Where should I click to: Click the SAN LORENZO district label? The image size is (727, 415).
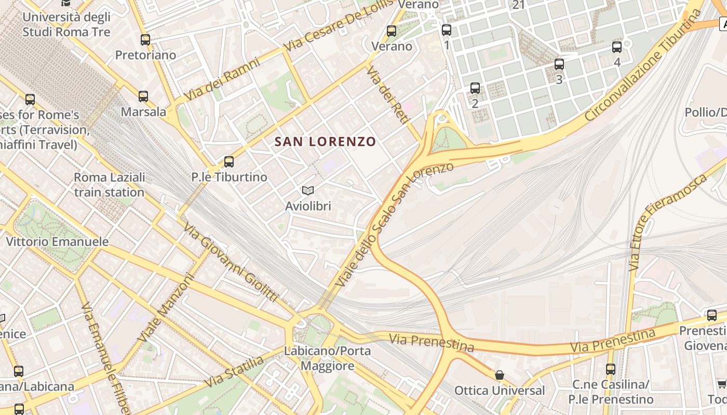325,141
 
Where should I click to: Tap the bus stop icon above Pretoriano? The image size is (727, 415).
145,39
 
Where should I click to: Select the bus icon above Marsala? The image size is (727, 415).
143,96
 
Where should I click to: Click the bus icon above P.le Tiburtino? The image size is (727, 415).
229,161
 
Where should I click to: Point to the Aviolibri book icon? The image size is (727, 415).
308,190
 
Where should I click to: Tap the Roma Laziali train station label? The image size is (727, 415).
109,185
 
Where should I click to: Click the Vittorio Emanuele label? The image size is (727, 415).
57,241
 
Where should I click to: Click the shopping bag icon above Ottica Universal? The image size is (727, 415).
500,375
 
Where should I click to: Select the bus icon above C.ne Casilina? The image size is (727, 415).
611,369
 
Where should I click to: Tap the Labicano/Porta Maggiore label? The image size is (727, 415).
327,358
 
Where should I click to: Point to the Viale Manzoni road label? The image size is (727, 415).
166,308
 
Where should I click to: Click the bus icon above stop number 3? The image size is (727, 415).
559,64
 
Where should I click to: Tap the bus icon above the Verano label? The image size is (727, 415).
392,31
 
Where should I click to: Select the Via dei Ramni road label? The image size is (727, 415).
222,79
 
